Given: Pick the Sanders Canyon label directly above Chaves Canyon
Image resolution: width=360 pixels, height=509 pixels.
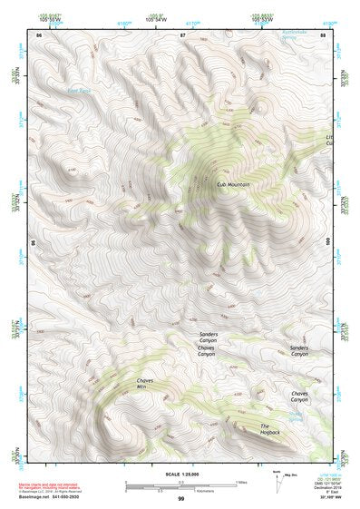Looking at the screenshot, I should pos(208,338).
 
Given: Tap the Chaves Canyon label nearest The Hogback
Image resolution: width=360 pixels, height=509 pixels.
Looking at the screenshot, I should pos(299,396).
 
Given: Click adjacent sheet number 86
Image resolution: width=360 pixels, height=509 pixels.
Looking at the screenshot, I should pos(38,34).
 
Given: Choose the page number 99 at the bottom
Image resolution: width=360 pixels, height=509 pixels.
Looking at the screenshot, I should pos(180,499).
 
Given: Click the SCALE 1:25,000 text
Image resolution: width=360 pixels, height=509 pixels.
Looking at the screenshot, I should pos(180,474).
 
